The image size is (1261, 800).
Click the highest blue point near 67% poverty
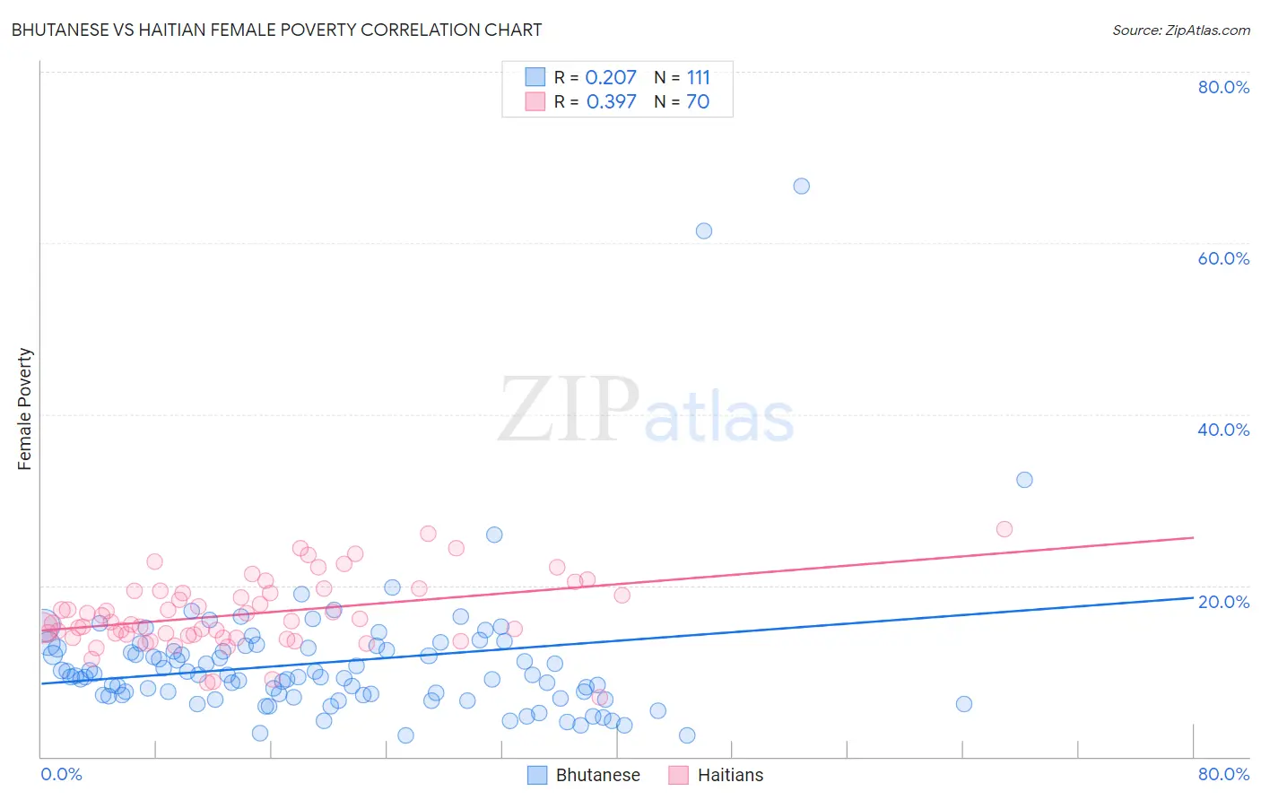point(801,187)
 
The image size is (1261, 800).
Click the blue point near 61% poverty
point(704,231)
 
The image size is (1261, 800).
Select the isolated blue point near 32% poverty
point(1024,480)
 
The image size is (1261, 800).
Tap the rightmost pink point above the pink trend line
point(1004,529)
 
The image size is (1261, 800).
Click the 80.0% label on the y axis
point(1223,87)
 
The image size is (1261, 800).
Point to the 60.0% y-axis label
point(1223,258)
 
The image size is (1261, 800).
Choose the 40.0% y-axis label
point(1223,430)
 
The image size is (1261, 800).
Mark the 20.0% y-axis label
point(1223,601)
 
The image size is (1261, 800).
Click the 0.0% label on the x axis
point(61,774)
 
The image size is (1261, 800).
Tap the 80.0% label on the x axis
point(1223,774)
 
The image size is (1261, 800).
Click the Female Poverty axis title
point(25,409)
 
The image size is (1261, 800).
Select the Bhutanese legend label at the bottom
point(597,775)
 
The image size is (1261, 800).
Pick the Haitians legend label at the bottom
point(730,775)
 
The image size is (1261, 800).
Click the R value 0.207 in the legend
point(611,78)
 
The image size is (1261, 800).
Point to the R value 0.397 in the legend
point(611,102)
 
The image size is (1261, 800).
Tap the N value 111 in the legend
point(698,78)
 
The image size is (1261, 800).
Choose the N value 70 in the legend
point(698,102)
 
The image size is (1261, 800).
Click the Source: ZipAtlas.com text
point(1180,30)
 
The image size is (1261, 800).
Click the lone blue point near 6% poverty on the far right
point(964,704)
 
